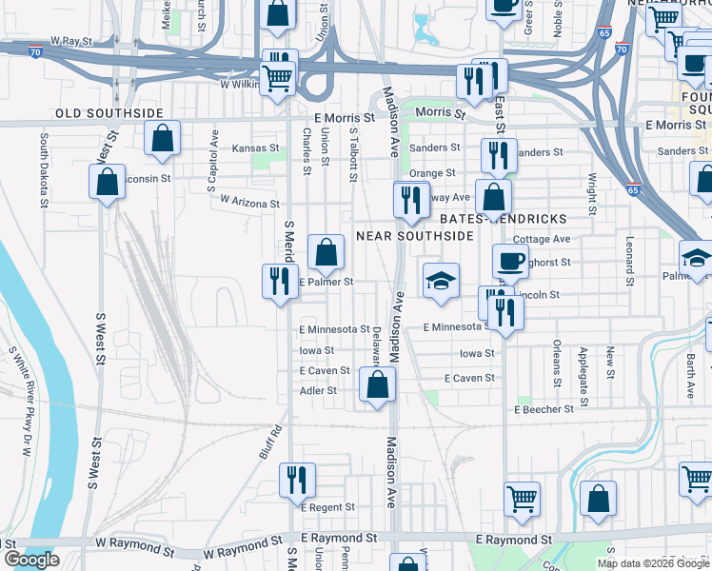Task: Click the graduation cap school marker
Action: click(x=441, y=281)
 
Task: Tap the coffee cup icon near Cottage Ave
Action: click(x=510, y=261)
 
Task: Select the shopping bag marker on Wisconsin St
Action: click(x=108, y=182)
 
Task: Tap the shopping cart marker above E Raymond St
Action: click(x=523, y=500)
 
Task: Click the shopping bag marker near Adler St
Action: click(x=378, y=385)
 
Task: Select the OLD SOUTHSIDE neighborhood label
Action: click(x=110, y=113)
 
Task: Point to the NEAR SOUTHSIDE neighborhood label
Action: click(x=415, y=235)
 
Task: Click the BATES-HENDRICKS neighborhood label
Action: click(x=521, y=219)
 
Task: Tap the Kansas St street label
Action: click(x=256, y=148)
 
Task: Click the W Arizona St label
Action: click(x=249, y=202)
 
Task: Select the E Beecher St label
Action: click(x=544, y=409)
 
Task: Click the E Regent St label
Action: click(x=327, y=508)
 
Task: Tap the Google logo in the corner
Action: click(x=30, y=560)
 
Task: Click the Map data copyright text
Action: click(x=652, y=563)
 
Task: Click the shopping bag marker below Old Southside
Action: click(x=164, y=139)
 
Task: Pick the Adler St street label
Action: click(x=318, y=391)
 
